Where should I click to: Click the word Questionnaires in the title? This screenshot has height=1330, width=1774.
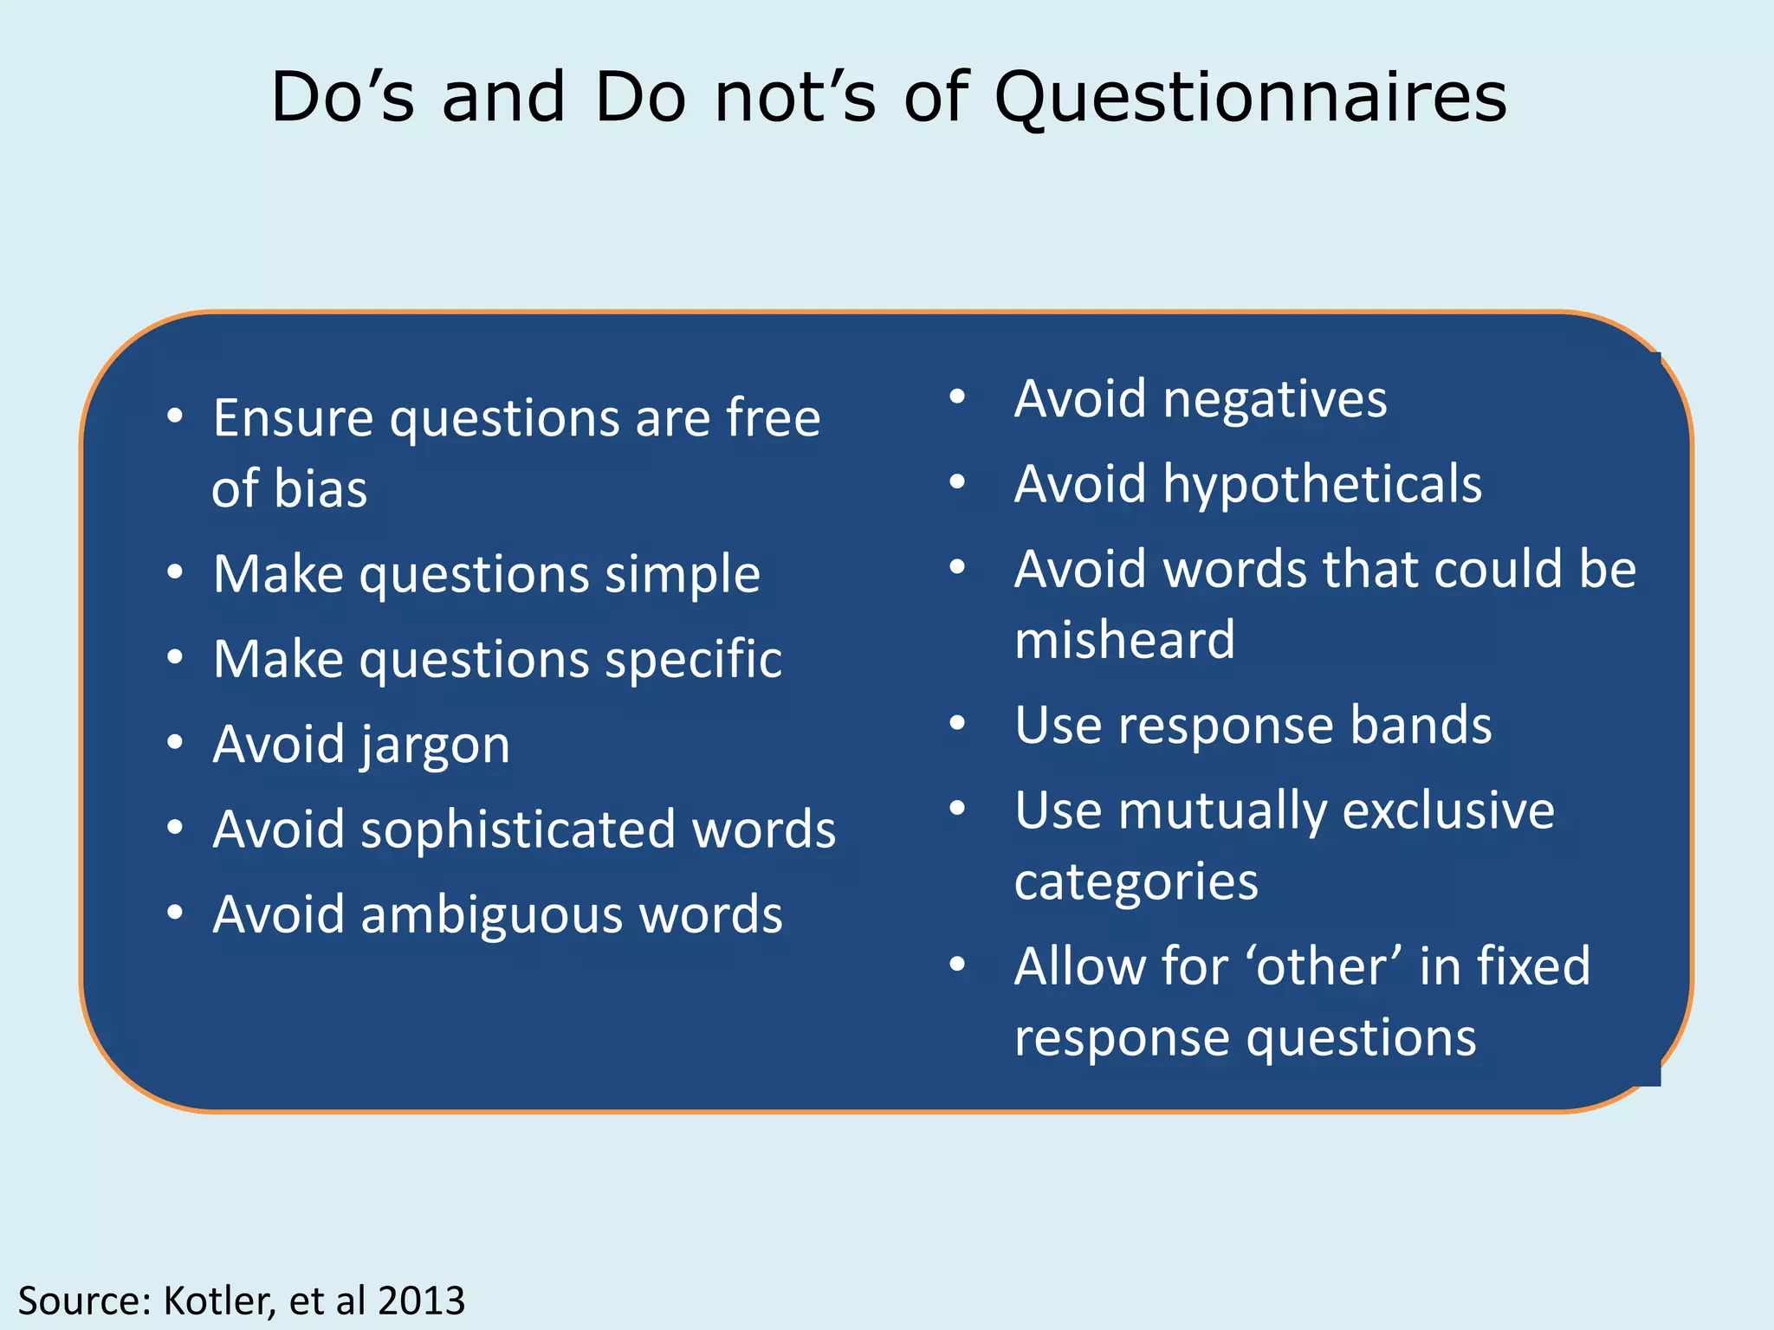[1250, 97]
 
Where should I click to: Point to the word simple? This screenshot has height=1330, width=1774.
[682, 574]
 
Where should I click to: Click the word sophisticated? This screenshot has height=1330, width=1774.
[518, 830]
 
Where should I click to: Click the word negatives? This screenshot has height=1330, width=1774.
[1275, 399]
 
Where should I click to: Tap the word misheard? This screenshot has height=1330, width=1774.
[1124, 641]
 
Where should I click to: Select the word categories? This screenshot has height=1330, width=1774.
[1136, 882]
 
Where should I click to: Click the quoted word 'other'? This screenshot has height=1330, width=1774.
[1323, 966]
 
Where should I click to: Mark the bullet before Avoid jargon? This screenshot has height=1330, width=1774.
[176, 743]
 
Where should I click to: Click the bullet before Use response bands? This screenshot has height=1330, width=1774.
[957, 723]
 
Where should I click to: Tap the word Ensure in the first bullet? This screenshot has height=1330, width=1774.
[294, 419]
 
